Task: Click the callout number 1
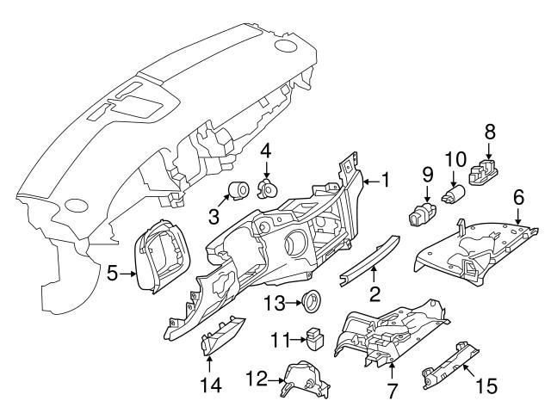point(386,180)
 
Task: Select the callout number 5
point(112,275)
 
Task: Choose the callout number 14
point(211,385)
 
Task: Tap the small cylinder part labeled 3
point(239,189)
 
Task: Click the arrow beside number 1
point(368,181)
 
